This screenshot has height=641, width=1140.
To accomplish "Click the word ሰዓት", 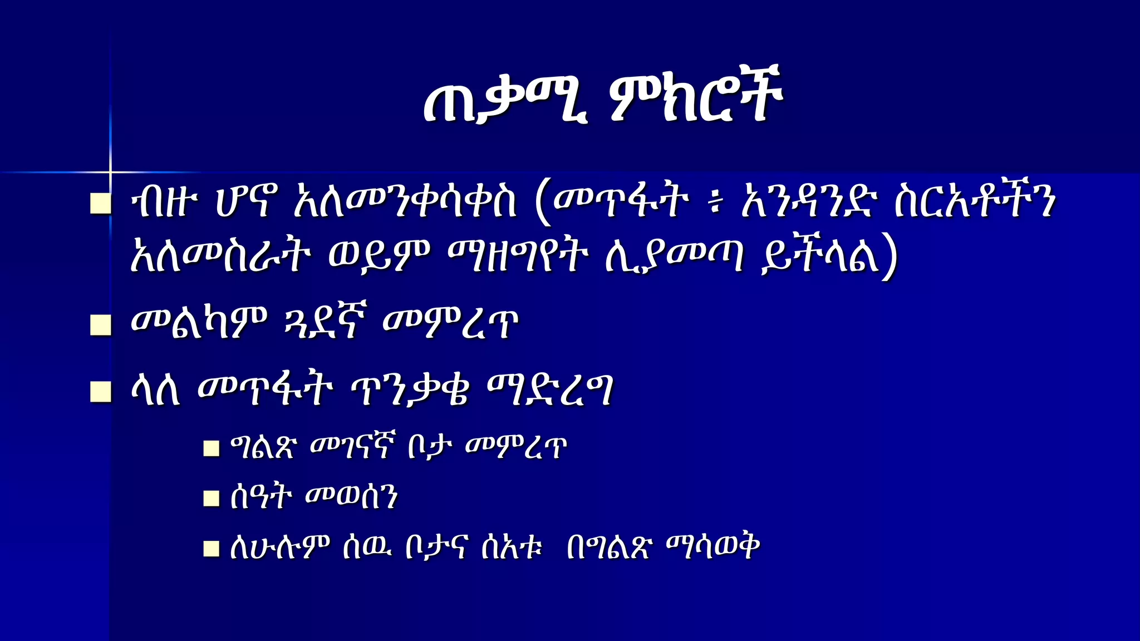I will point(261,497).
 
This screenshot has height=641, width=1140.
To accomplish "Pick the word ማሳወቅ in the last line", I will point(713,547).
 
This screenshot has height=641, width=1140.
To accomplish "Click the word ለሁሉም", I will point(280,547).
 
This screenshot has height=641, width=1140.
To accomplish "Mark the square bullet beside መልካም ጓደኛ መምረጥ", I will point(101,325).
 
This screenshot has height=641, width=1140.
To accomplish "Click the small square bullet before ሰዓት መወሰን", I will point(211,498).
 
